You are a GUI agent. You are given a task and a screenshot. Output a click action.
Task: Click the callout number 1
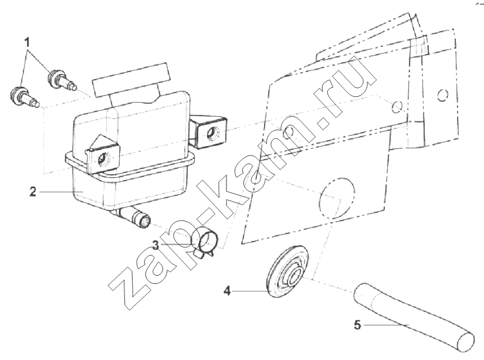[x=28, y=42]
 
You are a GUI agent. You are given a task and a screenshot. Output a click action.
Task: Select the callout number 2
[x=33, y=192]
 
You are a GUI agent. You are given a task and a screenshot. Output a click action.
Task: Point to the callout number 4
[x=227, y=291]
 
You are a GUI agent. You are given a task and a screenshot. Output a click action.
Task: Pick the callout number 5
[x=357, y=325]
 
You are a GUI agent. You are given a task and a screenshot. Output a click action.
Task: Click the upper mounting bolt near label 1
[x=62, y=80]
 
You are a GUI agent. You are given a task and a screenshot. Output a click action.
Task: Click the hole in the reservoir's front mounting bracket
[x=102, y=159]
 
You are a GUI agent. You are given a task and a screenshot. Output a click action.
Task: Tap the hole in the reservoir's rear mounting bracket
[x=213, y=133]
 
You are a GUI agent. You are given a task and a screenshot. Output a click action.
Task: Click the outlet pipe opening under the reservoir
[x=145, y=222]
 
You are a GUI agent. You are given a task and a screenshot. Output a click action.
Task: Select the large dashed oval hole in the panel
[x=337, y=198]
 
